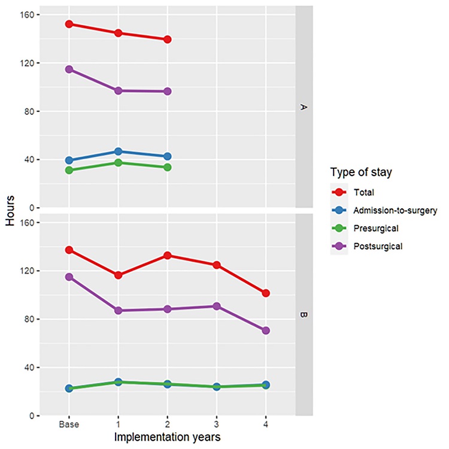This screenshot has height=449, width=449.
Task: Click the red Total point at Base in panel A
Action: pyautogui.click(x=69, y=24)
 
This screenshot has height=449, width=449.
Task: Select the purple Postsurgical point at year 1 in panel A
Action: pyautogui.click(x=119, y=90)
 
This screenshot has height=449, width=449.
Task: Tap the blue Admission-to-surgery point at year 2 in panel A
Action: pyautogui.click(x=168, y=156)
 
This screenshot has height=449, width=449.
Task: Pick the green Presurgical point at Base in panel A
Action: pyautogui.click(x=69, y=170)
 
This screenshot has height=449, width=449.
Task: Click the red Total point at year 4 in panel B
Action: pyautogui.click(x=266, y=293)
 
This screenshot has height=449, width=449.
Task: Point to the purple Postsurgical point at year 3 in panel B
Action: pyautogui.click(x=217, y=306)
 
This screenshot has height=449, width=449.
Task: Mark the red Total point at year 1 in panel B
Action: pyautogui.click(x=119, y=275)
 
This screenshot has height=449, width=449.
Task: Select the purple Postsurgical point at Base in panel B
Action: pyautogui.click(x=69, y=277)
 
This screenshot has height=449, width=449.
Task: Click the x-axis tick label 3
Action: pyautogui.click(x=217, y=423)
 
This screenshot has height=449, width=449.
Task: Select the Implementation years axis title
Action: pyautogui.click(x=168, y=437)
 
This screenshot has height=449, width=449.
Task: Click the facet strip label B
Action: pyautogui.click(x=304, y=314)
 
